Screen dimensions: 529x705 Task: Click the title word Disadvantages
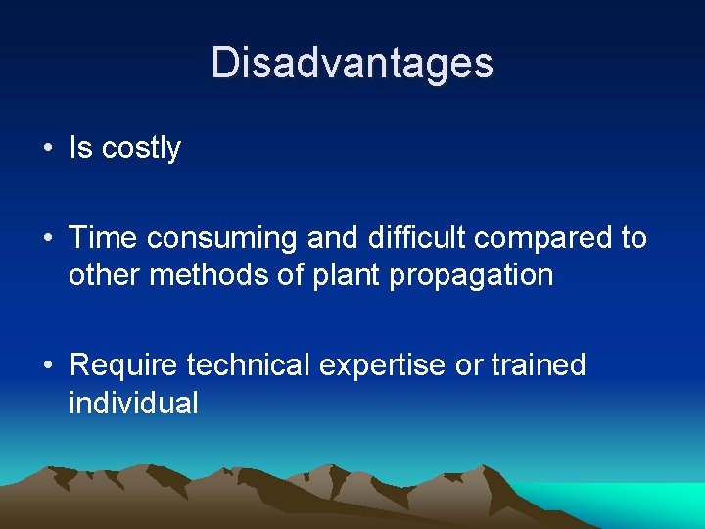coord(352,63)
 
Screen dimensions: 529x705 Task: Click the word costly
coord(141,149)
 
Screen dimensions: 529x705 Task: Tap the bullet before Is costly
coord(47,149)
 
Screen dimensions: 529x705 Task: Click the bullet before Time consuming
coord(47,239)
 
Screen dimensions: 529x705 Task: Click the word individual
coord(133,403)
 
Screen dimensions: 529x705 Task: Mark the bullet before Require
coord(47,366)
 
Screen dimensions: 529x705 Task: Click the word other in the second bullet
coord(106,275)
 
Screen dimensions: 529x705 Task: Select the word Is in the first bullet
coord(80,148)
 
